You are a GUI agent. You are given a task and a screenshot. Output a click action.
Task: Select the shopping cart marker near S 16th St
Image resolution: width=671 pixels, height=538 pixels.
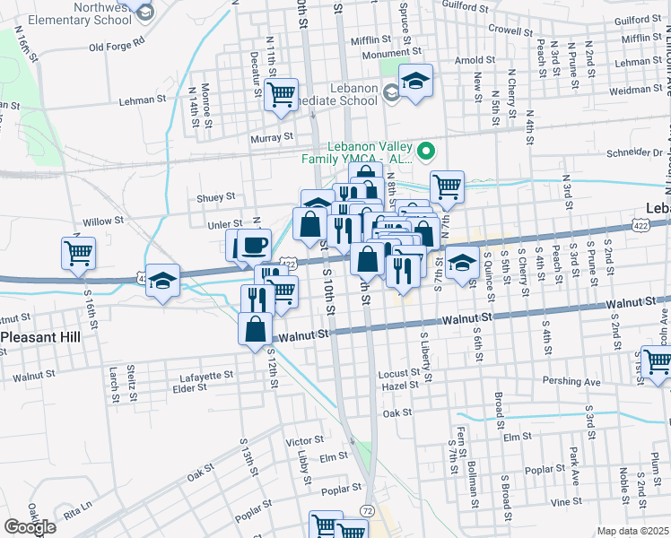[78, 252]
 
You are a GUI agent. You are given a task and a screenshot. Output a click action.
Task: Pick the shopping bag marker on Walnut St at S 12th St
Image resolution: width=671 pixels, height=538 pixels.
[256, 327]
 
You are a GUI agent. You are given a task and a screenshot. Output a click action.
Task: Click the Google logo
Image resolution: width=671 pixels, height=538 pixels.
[30, 527]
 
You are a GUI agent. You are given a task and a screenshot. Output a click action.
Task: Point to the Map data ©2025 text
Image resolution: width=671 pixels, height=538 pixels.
[632, 531]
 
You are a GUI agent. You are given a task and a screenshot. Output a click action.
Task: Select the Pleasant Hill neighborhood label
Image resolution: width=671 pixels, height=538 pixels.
[42, 338]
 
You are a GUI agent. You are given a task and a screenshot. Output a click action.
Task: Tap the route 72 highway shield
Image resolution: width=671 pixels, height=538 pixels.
[368, 510]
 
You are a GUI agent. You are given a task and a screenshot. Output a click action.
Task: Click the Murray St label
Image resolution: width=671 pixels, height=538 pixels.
[272, 137]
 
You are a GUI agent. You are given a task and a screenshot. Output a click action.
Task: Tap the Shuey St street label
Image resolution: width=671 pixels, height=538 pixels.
[215, 197]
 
